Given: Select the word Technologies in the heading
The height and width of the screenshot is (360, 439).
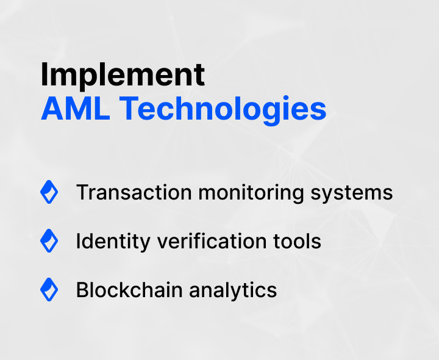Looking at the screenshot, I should pyautogui.click(x=223, y=110).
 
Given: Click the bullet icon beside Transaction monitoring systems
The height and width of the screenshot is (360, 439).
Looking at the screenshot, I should pyautogui.click(x=49, y=192).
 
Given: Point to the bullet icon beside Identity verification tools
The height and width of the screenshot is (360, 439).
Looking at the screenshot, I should pyautogui.click(x=49, y=241).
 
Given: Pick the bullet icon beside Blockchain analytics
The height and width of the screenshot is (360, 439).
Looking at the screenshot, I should pyautogui.click(x=49, y=289).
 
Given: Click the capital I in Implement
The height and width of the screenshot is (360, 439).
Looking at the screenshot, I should pyautogui.click(x=45, y=75).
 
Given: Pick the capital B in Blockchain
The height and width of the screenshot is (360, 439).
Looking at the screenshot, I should pyautogui.click(x=82, y=290).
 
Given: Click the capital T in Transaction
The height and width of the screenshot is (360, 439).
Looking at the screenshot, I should pyautogui.click(x=82, y=193).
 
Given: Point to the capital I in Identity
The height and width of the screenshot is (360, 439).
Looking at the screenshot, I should pyautogui.click(x=78, y=241).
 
